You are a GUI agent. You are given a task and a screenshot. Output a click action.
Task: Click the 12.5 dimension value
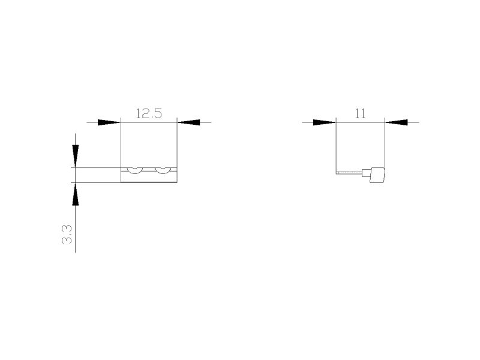click(x=148, y=113)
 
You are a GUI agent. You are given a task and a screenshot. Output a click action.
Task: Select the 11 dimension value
click(x=360, y=113)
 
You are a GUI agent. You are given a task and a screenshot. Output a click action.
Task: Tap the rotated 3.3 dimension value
click(x=67, y=234)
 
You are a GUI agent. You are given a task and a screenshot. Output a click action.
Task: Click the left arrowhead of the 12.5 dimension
click(x=109, y=122)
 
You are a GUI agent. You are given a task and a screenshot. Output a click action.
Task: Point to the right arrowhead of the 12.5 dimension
click(x=188, y=122)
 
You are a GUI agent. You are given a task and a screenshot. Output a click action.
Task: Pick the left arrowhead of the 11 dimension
click(x=325, y=122)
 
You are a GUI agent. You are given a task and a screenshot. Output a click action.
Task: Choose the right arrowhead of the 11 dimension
click(x=396, y=122)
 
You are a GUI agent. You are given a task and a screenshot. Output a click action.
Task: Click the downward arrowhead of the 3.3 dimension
click(x=76, y=156)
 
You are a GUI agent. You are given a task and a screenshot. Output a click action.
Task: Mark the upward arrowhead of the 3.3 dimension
click(x=76, y=194)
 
